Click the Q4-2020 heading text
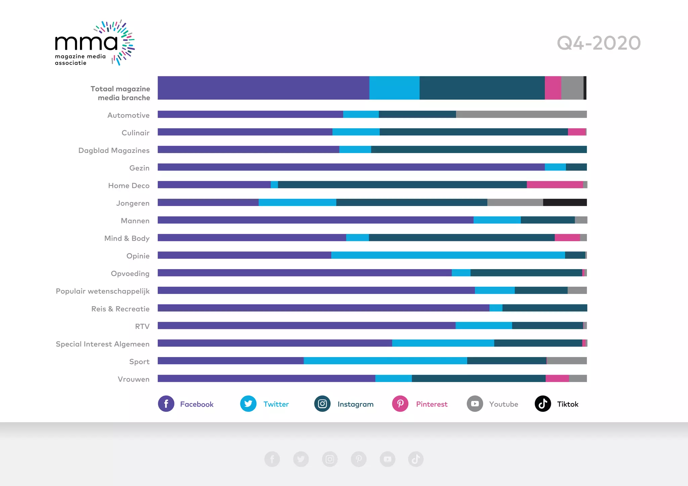tap(599, 43)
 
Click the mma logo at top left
tap(94, 43)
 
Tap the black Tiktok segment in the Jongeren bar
tap(565, 202)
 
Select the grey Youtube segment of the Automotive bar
tap(521, 114)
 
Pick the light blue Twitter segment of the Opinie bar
tap(448, 255)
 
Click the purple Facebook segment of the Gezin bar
tap(351, 167)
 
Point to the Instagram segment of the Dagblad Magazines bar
tap(479, 150)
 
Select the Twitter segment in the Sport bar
tap(385, 361)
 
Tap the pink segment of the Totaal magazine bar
tap(553, 88)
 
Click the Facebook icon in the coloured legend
tap(166, 404)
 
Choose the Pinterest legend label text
tap(432, 404)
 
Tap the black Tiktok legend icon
tap(543, 404)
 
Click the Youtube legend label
tap(503, 404)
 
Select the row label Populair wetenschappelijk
tap(102, 291)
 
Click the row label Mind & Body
tap(127, 238)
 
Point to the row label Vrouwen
tap(133, 379)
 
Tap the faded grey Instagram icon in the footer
tap(330, 459)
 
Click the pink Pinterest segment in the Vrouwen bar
tap(557, 379)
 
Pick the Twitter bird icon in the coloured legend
tap(248, 404)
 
